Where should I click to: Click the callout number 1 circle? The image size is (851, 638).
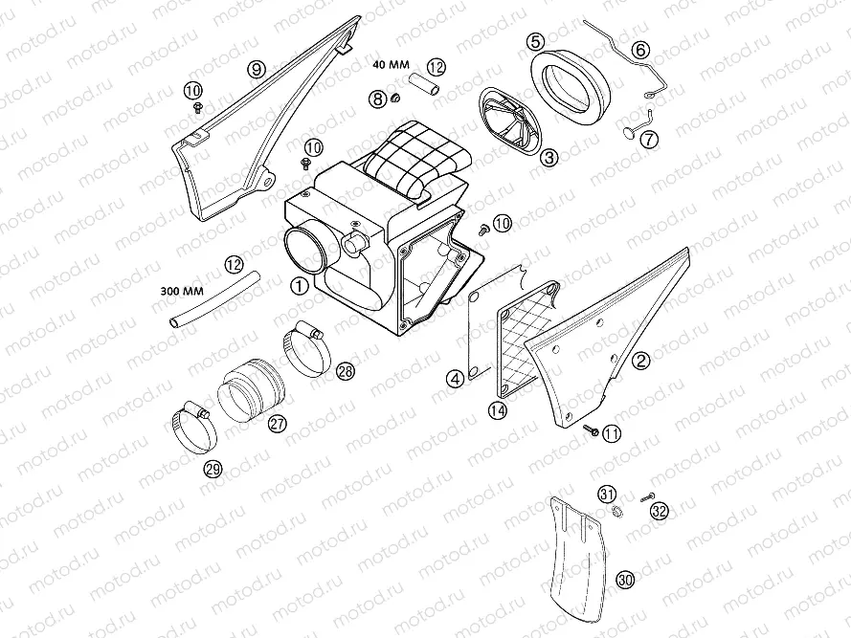[299, 284]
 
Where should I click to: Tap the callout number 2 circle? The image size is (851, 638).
[641, 361]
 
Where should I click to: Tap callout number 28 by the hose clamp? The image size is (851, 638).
[345, 370]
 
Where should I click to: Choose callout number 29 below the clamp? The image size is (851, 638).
[213, 468]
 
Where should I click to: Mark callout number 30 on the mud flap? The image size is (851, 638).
[625, 580]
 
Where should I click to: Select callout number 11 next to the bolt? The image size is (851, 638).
[611, 433]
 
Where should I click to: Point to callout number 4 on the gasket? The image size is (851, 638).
[455, 380]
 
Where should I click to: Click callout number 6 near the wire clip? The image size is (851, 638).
[639, 50]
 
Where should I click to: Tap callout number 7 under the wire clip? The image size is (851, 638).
[649, 139]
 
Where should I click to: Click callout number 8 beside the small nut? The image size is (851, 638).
[379, 99]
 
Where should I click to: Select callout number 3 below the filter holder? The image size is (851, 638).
[549, 158]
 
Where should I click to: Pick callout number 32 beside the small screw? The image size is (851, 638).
[659, 511]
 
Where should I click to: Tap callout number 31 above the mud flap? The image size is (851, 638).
[607, 494]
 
